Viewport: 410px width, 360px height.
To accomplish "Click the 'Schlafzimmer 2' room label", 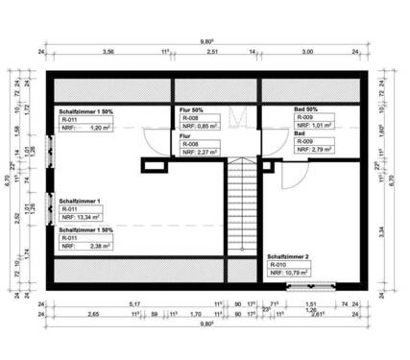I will point(288,258).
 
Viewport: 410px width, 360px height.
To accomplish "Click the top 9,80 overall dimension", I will point(205,42).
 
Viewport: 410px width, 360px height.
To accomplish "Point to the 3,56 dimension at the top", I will point(109,51).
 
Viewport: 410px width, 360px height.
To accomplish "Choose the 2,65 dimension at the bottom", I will point(93,314).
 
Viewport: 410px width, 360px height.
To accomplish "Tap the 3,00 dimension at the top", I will point(307,51).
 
